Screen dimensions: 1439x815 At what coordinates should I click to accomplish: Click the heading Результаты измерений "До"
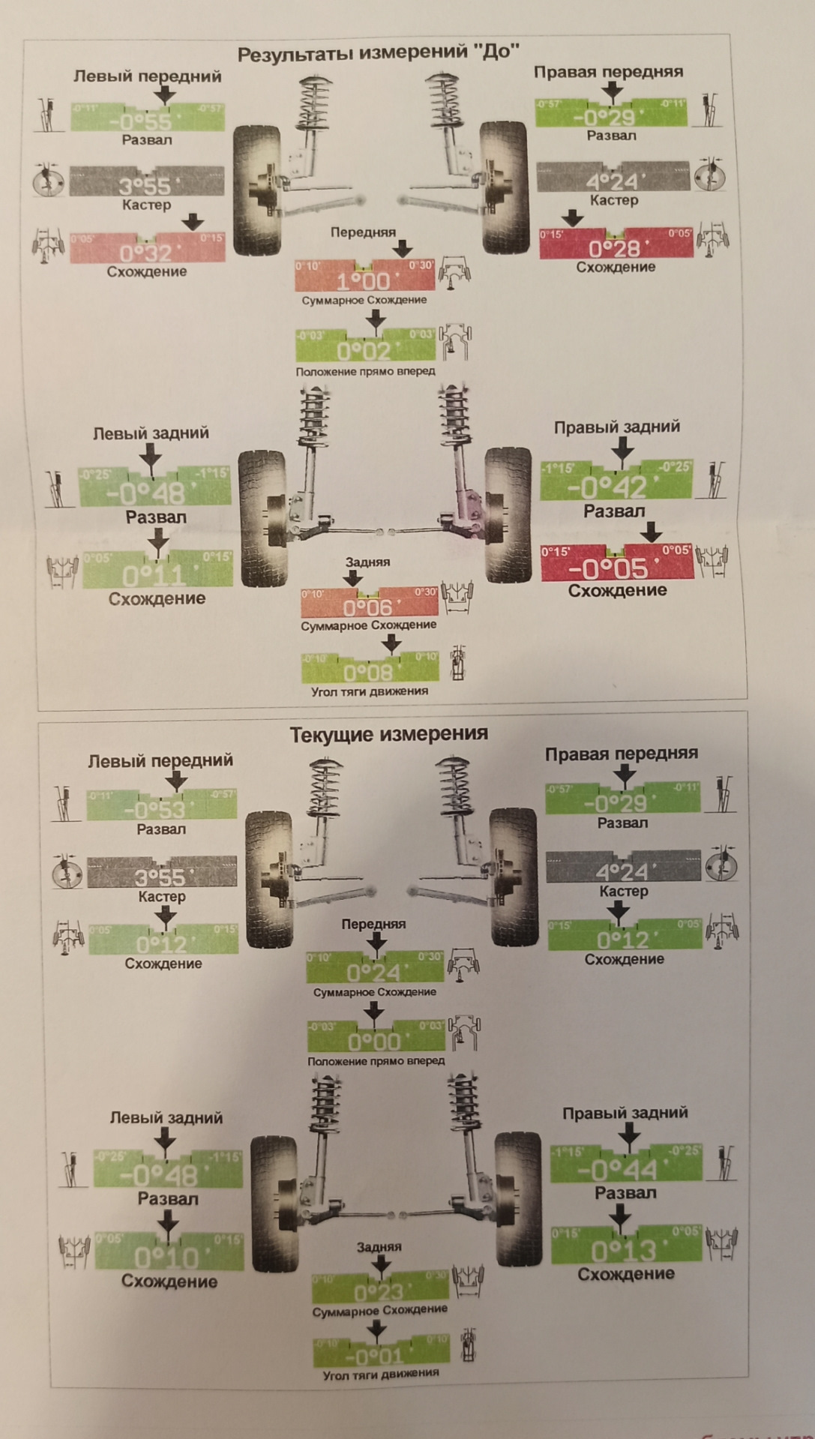coord(378,52)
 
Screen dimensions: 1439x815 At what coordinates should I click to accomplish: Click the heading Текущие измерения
coord(388,733)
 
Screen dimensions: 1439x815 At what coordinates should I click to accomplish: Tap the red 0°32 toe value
coord(147,252)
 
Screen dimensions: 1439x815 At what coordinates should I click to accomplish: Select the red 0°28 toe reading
coord(615,248)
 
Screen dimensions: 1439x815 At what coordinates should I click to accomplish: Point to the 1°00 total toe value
coord(364,281)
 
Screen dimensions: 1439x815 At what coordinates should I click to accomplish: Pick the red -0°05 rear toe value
coord(608,569)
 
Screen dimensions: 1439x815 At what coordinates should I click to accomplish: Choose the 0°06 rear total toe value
coord(368,607)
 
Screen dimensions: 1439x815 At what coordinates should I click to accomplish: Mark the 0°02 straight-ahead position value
coord(364,350)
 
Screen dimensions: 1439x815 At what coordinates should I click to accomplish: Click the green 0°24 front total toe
coord(374,972)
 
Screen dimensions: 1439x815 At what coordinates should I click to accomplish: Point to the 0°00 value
coord(375,1042)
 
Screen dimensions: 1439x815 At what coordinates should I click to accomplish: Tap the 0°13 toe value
coord(624,1251)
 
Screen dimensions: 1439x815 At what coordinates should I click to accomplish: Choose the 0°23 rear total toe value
coord(379,1292)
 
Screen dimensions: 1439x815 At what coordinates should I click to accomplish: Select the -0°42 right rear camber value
coord(607,488)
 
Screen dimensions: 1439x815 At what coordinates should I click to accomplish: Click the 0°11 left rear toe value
coord(154,575)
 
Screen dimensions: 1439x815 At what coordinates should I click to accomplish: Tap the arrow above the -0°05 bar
coord(652,532)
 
